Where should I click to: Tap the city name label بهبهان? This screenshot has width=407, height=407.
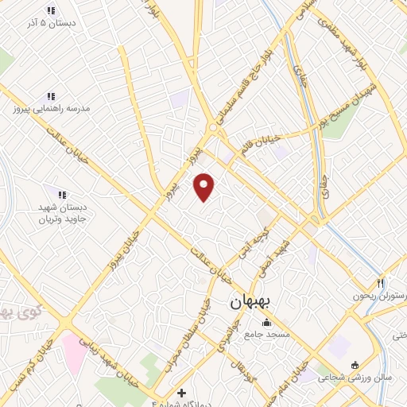pyautogui.click(x=252, y=303)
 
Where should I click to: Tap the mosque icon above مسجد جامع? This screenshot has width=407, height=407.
pyautogui.click(x=267, y=323)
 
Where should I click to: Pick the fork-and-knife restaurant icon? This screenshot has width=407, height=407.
pyautogui.click(x=381, y=283)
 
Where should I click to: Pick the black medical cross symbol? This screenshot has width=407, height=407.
pyautogui.click(x=182, y=393)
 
